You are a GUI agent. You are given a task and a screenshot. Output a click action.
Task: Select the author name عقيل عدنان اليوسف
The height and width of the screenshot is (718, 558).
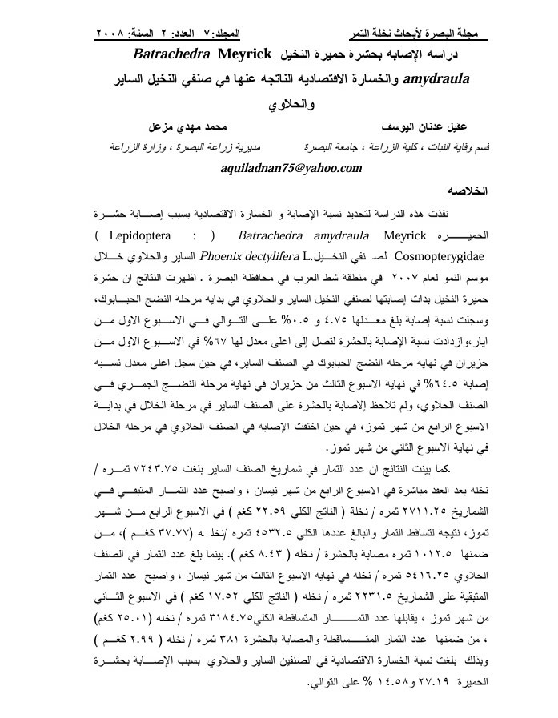[x=441, y=127]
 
